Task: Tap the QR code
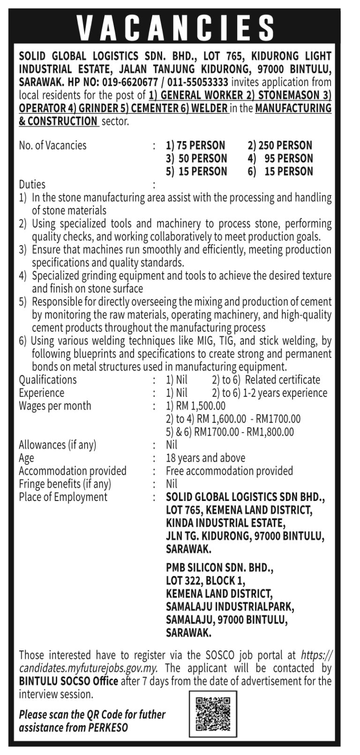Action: pos(213,715)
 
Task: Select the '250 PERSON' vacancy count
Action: pos(280,145)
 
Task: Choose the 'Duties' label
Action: pos(32,184)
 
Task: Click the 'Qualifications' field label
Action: pos(48,380)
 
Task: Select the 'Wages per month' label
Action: pos(55,406)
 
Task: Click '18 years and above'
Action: pos(205,458)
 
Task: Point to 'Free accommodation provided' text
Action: pos(229,471)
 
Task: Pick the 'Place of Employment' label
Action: pos(63,497)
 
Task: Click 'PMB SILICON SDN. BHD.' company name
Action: pos(219,568)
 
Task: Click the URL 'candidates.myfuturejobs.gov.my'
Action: pos(88,668)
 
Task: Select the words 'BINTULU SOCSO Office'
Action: pos(68,681)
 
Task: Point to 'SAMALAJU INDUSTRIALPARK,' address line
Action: pos(230,607)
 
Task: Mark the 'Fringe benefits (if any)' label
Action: pos(65,484)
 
